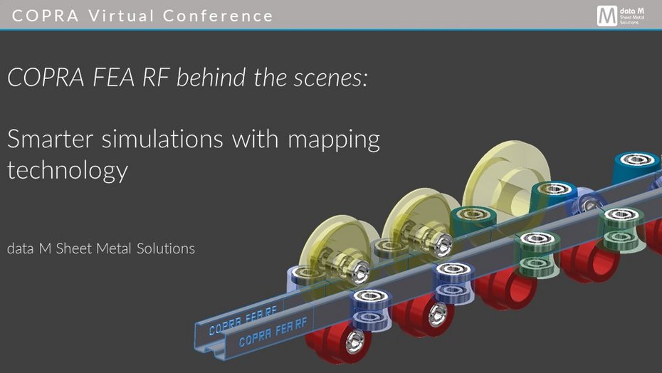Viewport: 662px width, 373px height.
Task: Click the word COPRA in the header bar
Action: click(46, 16)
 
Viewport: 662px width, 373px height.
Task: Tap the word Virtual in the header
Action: click(122, 16)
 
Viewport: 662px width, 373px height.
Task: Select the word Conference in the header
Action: click(218, 16)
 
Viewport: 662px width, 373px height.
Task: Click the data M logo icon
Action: click(606, 16)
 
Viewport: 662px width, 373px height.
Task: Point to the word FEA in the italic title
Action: click(113, 78)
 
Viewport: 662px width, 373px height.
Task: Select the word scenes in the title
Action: click(330, 78)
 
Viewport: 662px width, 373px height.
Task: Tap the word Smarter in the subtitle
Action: click(51, 139)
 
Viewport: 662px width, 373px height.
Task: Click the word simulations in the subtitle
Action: click(162, 139)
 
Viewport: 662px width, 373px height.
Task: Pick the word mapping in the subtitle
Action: click(334, 141)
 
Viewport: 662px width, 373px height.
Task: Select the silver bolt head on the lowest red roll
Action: click(355, 341)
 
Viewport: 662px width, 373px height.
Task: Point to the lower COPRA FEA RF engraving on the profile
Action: click(273, 332)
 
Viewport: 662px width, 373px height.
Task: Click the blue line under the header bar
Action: click(331, 30)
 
